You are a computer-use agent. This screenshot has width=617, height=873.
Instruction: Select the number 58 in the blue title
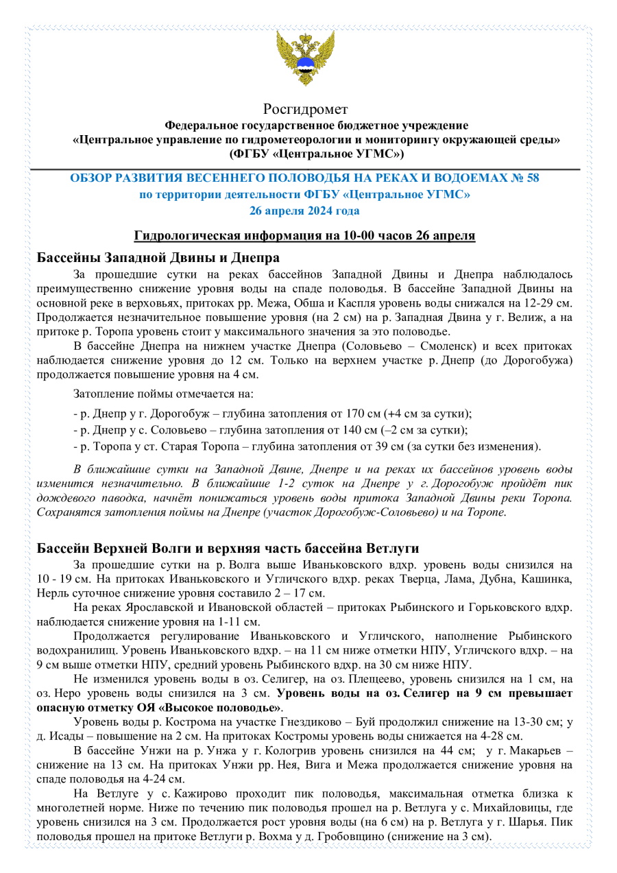[532, 178]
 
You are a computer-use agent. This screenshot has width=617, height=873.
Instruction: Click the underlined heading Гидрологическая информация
[304, 236]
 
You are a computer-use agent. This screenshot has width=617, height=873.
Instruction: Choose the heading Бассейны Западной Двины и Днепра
[158, 258]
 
